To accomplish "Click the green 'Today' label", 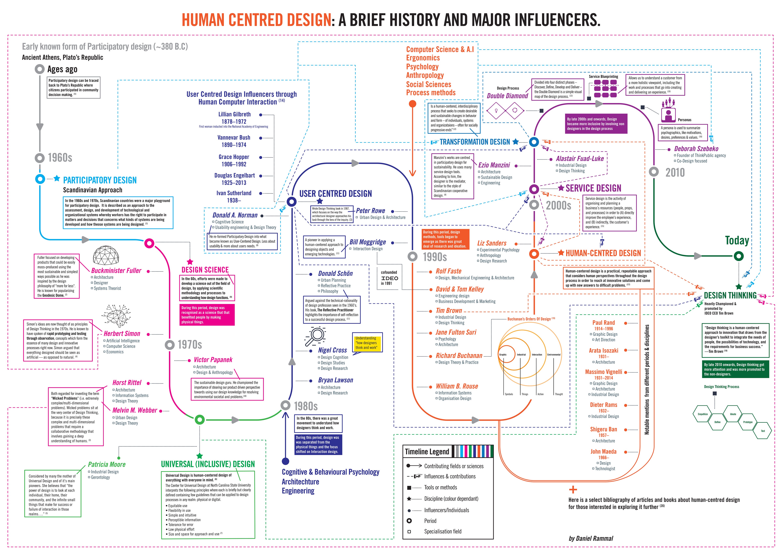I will [x=737, y=240].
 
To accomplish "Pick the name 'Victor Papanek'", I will [x=213, y=360].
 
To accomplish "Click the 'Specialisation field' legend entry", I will [x=442, y=531].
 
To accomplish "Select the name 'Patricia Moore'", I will [x=107, y=464].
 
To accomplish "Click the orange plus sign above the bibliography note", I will [x=573, y=490].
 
